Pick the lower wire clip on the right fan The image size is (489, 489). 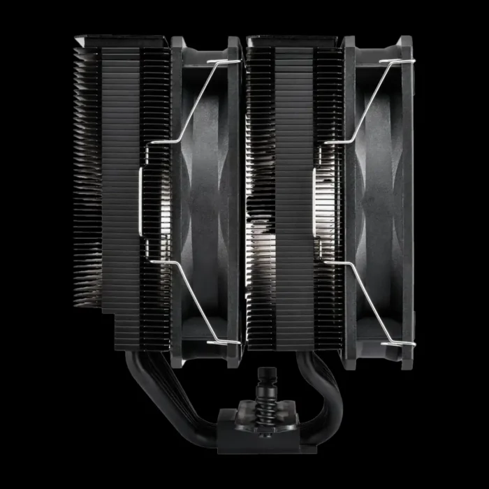[x=367, y=300]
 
